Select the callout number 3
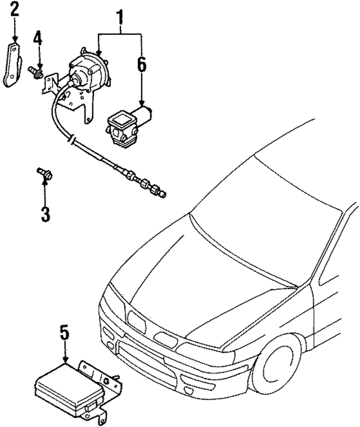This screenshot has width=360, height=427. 44,214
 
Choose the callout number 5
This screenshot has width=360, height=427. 65,332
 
